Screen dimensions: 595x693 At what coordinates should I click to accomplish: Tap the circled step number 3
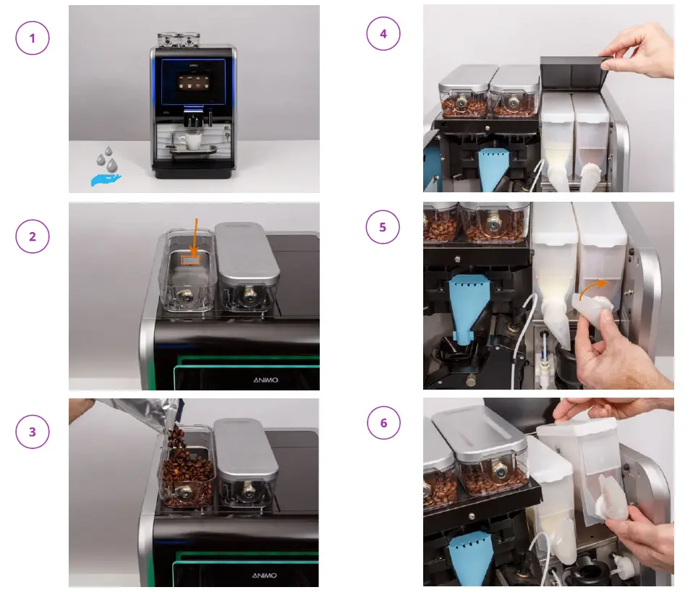pos(32,432)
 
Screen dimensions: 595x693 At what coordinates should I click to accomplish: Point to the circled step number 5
pos(383,228)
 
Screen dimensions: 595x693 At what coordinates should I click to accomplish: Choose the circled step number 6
pos(383,423)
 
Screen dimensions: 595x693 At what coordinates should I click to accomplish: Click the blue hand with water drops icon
pos(106,171)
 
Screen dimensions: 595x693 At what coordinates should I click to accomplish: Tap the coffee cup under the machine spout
pos(193,141)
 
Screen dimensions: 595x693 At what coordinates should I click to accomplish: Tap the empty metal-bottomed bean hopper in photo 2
pos(185,271)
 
